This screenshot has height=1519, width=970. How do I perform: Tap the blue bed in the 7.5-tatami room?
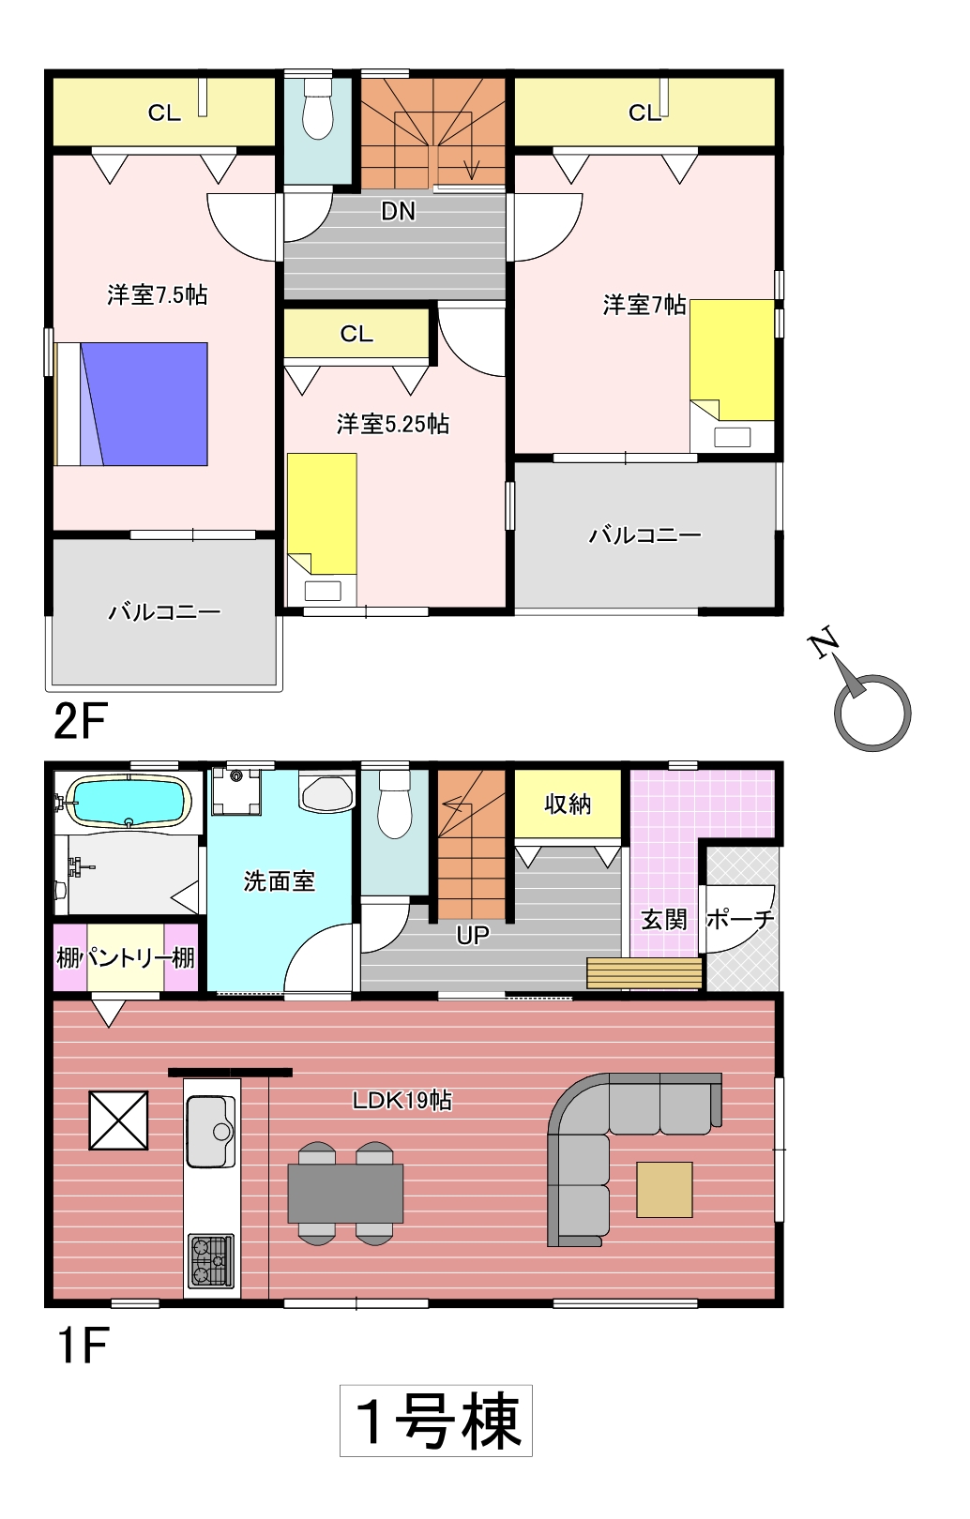coord(131,403)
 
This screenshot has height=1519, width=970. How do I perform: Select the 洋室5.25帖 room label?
coord(393,424)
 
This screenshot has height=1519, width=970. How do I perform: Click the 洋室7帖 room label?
coord(644,305)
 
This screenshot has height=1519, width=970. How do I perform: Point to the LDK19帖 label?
coord(402,1100)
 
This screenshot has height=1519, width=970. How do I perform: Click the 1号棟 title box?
coord(435,1421)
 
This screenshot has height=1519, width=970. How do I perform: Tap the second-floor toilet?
coord(317,109)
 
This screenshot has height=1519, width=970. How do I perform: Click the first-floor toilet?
coord(394,805)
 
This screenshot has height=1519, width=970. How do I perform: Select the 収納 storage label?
coord(568,805)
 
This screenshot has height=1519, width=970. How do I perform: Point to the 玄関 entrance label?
coord(663,920)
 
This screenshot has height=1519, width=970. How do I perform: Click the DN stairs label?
coord(398,212)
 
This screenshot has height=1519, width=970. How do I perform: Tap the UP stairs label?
coord(472,935)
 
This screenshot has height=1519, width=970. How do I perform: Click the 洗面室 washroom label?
coord(279,880)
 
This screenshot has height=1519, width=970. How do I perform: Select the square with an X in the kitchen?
coord(119,1120)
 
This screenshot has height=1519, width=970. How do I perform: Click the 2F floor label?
coord(80,721)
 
